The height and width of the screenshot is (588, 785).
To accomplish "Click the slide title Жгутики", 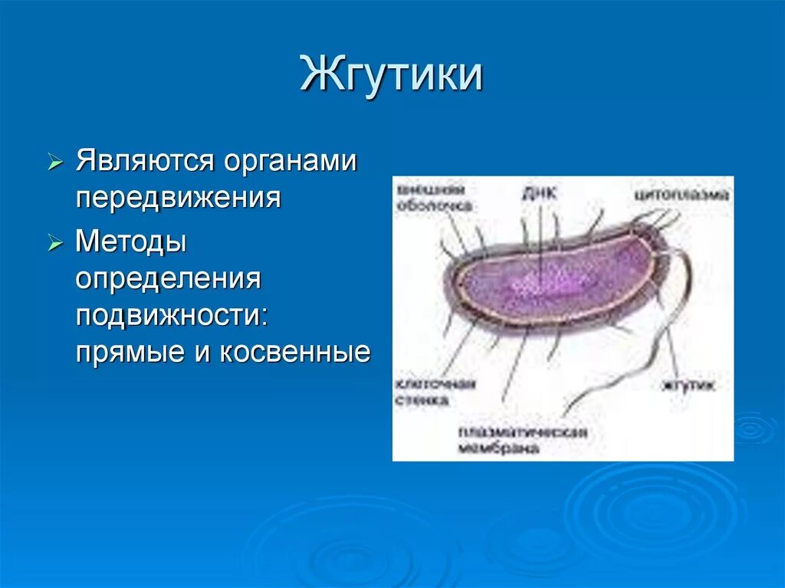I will click(x=391, y=75).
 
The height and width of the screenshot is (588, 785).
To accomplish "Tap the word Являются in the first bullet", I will click(x=143, y=163).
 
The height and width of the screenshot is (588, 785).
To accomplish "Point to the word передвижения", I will click(x=178, y=198).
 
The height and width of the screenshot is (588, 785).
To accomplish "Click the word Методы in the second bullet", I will click(x=131, y=243).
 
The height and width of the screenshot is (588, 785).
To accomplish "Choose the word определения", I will click(x=169, y=279).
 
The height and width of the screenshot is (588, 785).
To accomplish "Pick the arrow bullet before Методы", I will click(x=54, y=244).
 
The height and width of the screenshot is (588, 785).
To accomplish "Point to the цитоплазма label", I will click(x=682, y=195).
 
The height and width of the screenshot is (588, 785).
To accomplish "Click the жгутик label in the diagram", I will click(x=690, y=386).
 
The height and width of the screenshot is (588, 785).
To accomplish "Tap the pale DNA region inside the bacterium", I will click(x=537, y=284).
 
